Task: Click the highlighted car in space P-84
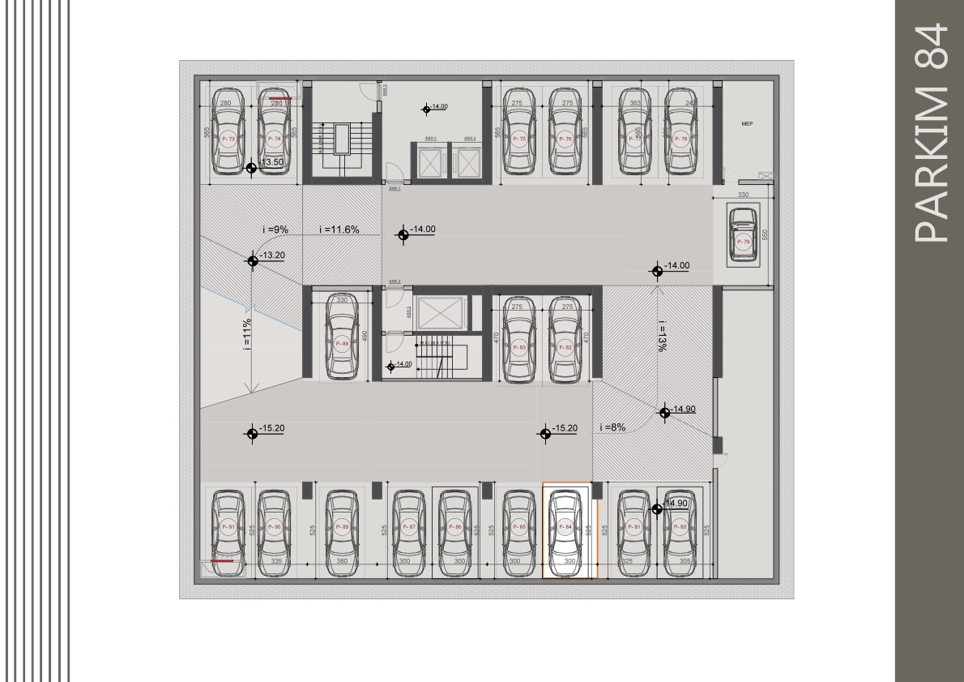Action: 567,530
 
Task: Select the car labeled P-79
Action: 743,236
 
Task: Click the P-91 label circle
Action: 228,527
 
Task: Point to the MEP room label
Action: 747,125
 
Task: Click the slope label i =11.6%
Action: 340,230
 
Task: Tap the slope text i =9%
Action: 275,230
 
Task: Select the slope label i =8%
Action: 612,427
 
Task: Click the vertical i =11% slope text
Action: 246,332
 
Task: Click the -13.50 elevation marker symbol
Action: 252,167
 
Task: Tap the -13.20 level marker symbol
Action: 252,260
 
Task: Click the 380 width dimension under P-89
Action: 343,561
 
